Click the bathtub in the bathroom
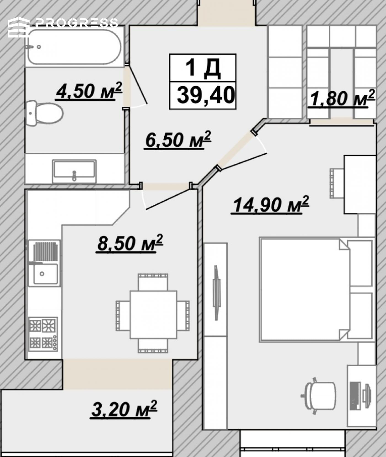pyautogui.click(x=74, y=47)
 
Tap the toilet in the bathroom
pyautogui.click(x=44, y=113)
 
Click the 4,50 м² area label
pyautogui.click(x=89, y=91)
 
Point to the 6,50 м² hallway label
pyautogui.click(x=178, y=140)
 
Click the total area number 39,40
pyautogui.click(x=206, y=95)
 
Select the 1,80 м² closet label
pyautogui.click(x=342, y=98)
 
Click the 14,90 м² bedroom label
pyautogui.click(x=270, y=205)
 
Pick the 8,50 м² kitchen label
pyautogui.click(x=130, y=243)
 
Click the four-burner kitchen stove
pyautogui.click(x=43, y=334)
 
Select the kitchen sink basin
pyautogui.click(x=46, y=274)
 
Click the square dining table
pyautogui.click(x=153, y=314)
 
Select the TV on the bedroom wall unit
pyautogui.click(x=216, y=292)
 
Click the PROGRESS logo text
pyautogui.click(x=76, y=23)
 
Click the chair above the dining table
pyautogui.click(x=153, y=282)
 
